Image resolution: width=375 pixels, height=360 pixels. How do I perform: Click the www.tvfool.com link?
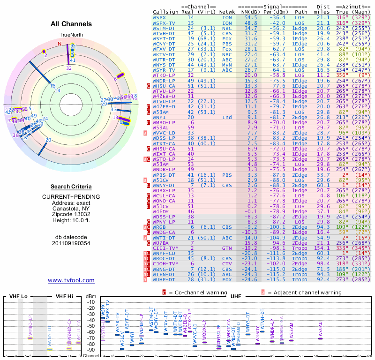[x=71, y=280]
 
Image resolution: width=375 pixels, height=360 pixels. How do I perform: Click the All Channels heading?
[x=71, y=24]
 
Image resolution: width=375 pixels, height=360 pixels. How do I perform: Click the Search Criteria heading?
[x=71, y=187]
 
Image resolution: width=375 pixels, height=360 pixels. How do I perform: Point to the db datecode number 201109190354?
[x=71, y=243]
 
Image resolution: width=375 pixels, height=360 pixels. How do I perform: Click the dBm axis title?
[x=90, y=296]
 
